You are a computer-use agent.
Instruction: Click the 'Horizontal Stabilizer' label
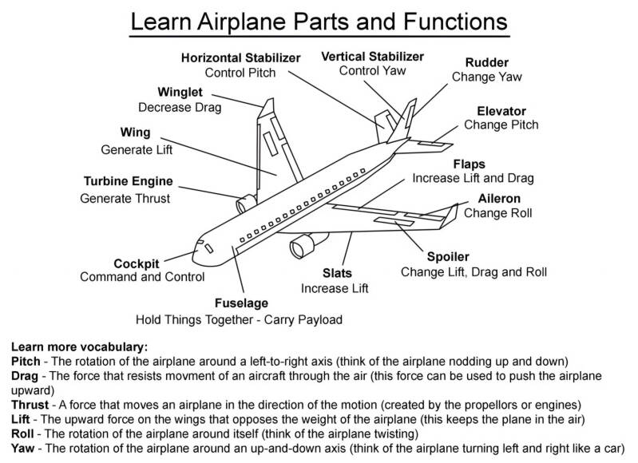click(x=240, y=58)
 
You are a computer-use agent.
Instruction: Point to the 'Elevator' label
click(x=501, y=110)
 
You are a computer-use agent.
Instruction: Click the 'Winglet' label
click(x=180, y=92)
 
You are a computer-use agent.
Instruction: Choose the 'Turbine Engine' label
click(x=128, y=181)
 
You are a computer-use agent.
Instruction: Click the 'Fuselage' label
click(x=241, y=303)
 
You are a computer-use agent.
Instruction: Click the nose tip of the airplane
click(x=195, y=246)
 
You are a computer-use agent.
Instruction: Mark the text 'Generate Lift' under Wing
click(x=137, y=148)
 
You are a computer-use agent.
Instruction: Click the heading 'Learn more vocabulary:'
click(x=79, y=347)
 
